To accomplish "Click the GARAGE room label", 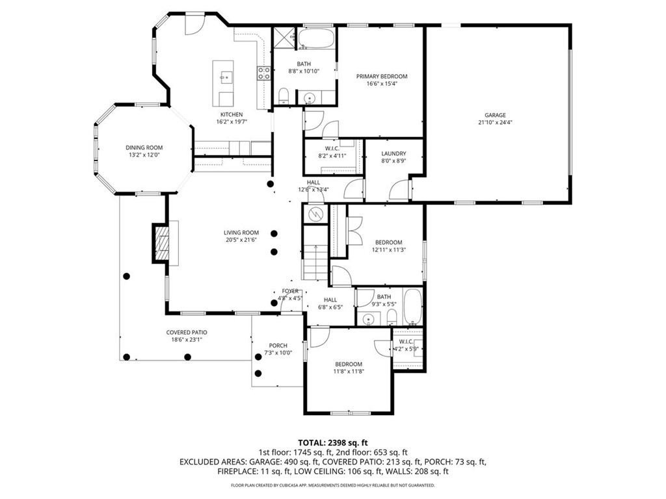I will (x=495, y=115).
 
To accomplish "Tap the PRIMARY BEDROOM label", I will (x=382, y=76).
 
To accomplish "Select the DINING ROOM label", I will (x=144, y=147).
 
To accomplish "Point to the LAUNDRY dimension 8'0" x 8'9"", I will (x=393, y=160).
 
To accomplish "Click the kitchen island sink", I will (x=226, y=77).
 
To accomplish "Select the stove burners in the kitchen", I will (x=264, y=73).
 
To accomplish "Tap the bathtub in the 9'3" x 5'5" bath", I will (x=412, y=307).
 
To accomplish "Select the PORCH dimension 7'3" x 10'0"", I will (x=278, y=353).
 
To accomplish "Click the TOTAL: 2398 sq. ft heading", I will (x=333, y=441).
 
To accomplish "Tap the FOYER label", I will (x=290, y=291).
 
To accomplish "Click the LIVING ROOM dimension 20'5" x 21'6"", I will (x=241, y=240).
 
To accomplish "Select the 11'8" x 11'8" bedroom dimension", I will (x=349, y=372).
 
